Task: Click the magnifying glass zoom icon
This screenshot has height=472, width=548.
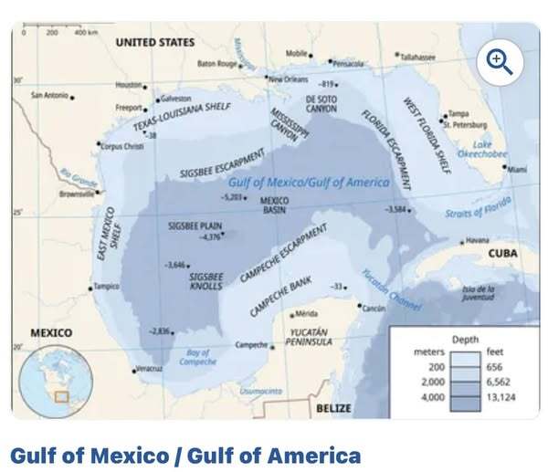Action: [500, 62]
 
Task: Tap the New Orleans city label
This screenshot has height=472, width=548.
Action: [289, 79]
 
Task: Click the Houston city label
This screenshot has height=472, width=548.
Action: [129, 85]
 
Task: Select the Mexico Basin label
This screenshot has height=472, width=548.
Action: [274, 205]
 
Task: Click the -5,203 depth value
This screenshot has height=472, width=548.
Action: [233, 196]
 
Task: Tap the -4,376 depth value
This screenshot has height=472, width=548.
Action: [210, 237]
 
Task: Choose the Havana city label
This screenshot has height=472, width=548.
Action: [478, 240]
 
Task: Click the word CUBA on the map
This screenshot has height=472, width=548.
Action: [502, 253]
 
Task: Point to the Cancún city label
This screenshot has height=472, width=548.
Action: [374, 309]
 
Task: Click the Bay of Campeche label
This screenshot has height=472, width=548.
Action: [198, 357]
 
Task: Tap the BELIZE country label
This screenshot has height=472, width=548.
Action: [333, 408]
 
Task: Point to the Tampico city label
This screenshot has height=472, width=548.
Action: [106, 287]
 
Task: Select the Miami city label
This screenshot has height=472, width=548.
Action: [517, 169]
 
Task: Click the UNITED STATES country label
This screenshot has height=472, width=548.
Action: [154, 43]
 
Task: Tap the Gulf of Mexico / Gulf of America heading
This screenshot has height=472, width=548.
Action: [184, 455]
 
